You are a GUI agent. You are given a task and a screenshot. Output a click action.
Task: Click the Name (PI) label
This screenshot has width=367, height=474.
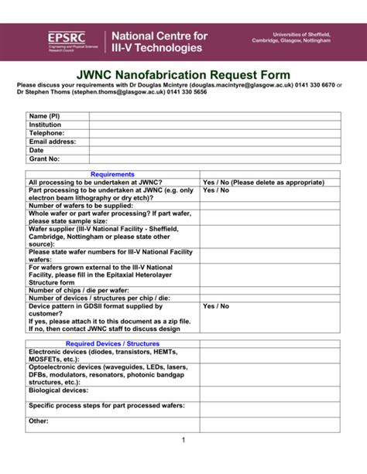click(44, 116)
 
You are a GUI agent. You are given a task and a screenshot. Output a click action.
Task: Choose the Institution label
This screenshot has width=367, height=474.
click(45, 124)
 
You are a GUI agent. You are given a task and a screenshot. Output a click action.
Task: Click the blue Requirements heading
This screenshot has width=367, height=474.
click(113, 175)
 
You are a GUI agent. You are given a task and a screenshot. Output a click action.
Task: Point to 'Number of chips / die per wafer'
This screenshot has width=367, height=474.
click(78, 290)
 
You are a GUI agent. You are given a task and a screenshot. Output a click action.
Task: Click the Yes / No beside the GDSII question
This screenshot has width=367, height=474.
click(216, 306)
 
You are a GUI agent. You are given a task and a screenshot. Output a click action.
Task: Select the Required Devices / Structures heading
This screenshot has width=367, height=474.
click(113, 343)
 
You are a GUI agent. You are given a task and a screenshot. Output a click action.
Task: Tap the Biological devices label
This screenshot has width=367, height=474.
click(58, 390)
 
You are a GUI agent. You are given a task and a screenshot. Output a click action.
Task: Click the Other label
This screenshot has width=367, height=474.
click(39, 421)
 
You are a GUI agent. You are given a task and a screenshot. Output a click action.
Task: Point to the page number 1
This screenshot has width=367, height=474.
click(183, 440)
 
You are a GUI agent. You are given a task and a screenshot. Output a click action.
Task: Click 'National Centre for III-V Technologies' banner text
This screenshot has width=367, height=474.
click(160, 42)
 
